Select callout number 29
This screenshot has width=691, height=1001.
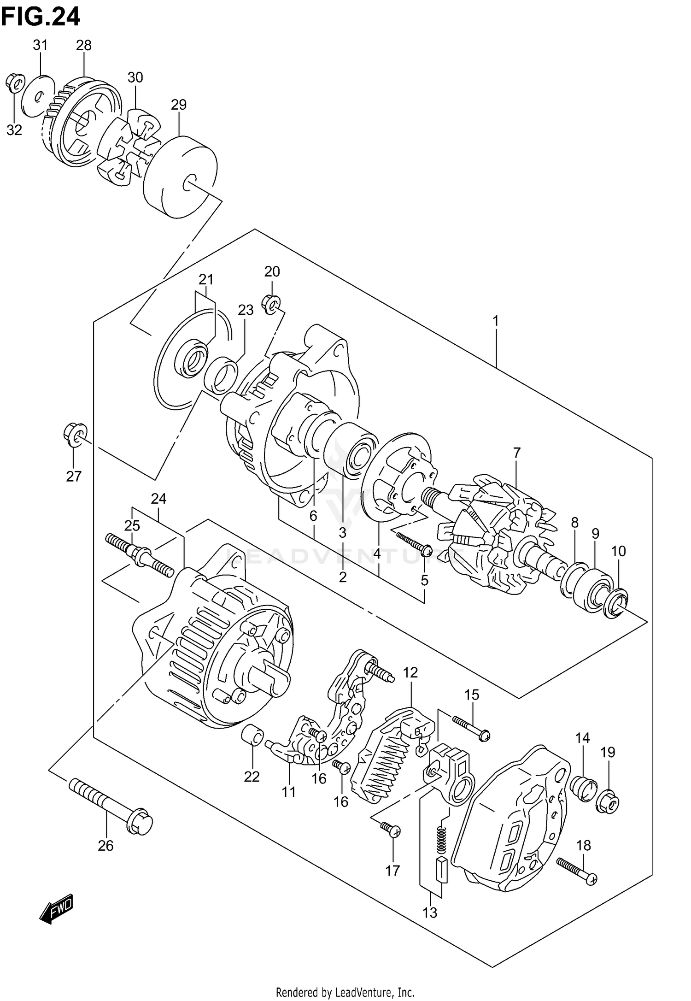click(179, 105)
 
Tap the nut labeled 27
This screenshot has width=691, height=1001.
click(74, 434)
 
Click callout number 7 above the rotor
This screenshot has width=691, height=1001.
click(516, 453)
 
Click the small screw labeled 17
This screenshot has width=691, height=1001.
click(391, 830)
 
